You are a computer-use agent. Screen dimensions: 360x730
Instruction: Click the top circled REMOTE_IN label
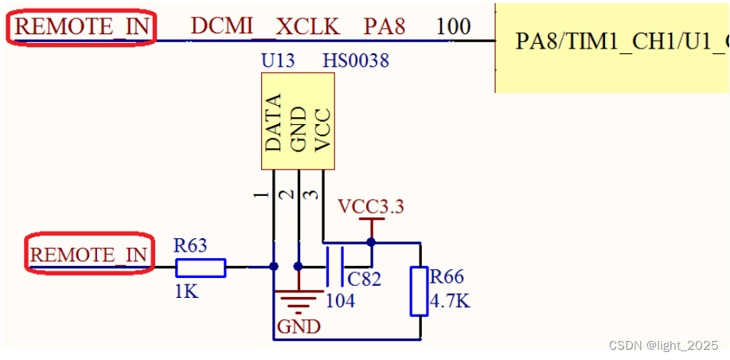coord(82,26)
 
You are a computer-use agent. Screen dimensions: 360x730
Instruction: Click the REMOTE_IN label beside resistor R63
coord(88,255)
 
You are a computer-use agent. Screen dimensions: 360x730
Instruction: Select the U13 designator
coord(277,61)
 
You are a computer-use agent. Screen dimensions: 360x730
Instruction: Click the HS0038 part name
coord(356,61)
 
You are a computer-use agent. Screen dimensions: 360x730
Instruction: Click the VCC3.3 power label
coord(371,207)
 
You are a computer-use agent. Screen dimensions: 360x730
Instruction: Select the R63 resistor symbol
coord(200,268)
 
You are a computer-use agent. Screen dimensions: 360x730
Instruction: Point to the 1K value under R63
coord(186,292)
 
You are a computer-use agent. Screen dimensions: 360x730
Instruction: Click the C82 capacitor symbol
coord(335,267)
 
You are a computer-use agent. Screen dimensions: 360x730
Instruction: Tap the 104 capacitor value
coord(341,301)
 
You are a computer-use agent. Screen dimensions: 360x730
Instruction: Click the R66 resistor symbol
coord(419,292)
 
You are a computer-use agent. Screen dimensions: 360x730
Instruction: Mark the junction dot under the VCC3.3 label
coord(371,241)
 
